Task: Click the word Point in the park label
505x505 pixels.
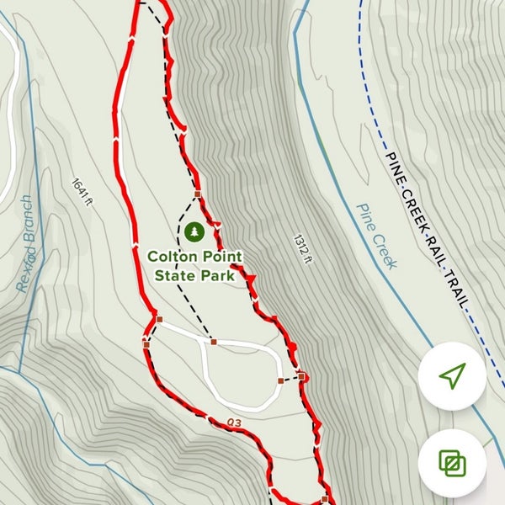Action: tap(221, 255)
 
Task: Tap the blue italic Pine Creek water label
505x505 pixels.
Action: tap(376, 237)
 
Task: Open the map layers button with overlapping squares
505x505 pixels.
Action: tap(452, 462)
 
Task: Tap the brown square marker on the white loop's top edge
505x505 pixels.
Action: tap(214, 342)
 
